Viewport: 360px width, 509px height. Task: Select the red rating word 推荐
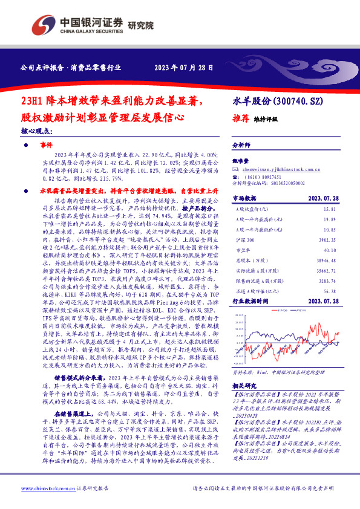pos(241,119)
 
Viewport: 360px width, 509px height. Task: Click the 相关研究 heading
pos(244,384)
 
